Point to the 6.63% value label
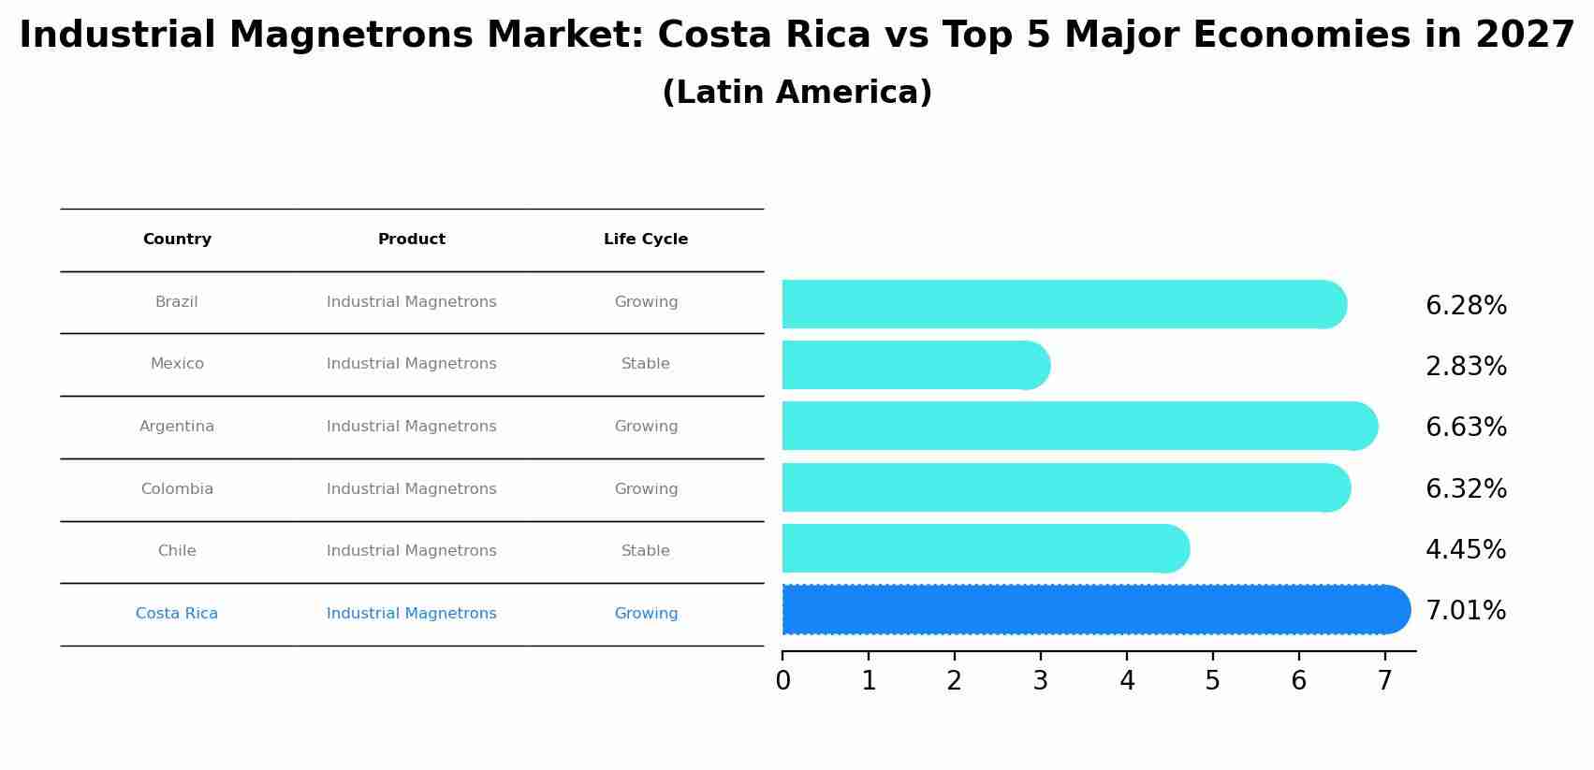tap(1466, 428)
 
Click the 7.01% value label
tap(1466, 611)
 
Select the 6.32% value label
tap(1466, 489)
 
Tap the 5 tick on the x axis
tap(1212, 681)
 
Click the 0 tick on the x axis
tap(782, 681)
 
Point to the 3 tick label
tap(1040, 681)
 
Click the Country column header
tap(177, 240)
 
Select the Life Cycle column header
tap(646, 240)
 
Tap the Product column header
tap(412, 240)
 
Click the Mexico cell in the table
tap(177, 364)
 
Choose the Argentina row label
tap(177, 427)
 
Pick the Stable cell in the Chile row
tap(646, 551)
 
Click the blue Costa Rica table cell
tap(177, 614)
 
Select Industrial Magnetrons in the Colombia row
tap(412, 489)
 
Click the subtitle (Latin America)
tap(797, 93)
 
